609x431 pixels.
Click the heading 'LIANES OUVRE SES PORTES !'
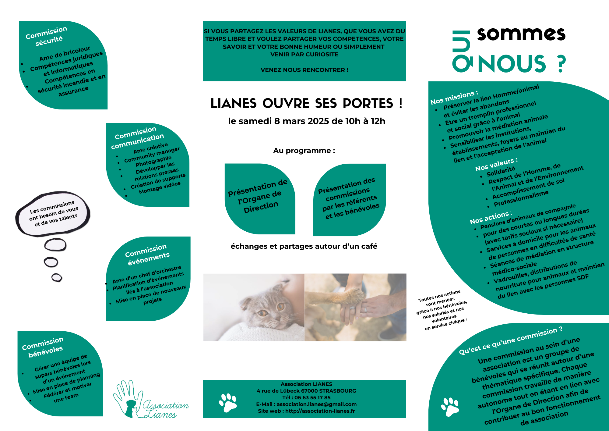(x=306, y=103)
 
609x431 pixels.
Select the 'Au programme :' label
(x=304, y=151)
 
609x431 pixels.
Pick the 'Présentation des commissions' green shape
(x=349, y=198)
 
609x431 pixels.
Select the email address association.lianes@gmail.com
(x=316, y=404)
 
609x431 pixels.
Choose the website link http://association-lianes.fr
(x=320, y=411)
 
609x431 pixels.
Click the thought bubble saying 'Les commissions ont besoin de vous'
(x=53, y=214)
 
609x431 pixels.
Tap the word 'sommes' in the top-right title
(x=521, y=34)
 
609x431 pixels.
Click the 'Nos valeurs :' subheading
(x=496, y=165)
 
